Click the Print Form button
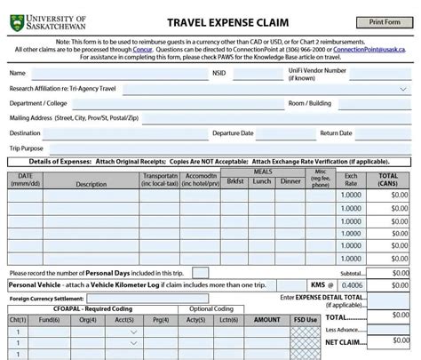(384, 22)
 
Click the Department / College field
(178, 103)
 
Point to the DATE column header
(25, 180)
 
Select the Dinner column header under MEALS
(290, 181)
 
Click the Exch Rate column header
(351, 180)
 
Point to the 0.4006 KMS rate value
(351, 285)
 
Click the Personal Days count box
(201, 272)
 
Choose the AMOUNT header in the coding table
(266, 319)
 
